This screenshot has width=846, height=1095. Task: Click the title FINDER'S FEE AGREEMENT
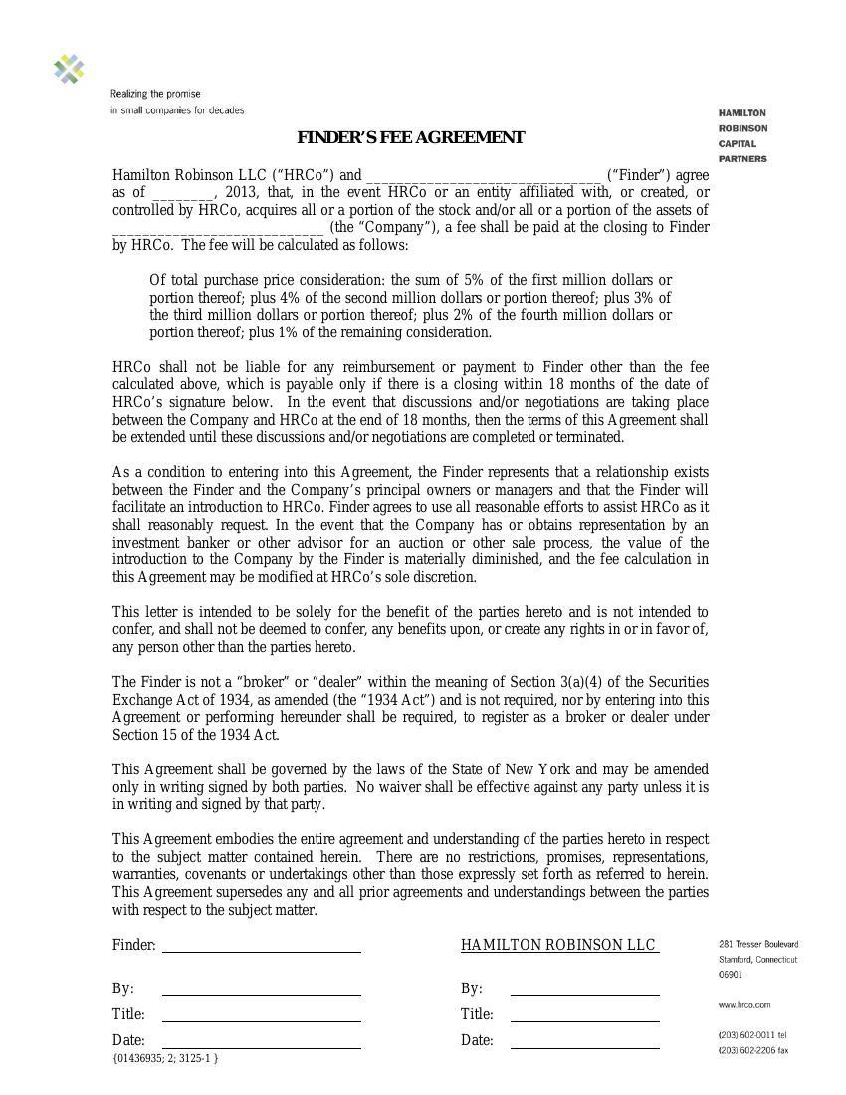(x=410, y=137)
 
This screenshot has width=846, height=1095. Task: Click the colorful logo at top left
(x=69, y=69)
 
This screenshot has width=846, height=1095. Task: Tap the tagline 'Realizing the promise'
(x=155, y=94)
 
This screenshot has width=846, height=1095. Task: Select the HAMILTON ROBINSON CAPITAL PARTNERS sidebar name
(x=742, y=136)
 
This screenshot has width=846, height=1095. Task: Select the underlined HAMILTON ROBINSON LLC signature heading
(x=558, y=945)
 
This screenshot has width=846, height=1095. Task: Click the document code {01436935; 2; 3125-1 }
(x=165, y=1058)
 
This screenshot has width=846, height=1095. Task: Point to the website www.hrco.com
(x=744, y=1005)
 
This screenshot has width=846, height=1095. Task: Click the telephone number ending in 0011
(x=751, y=1035)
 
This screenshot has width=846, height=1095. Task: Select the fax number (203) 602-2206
(x=752, y=1050)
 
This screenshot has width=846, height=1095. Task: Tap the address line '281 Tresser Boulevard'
(x=757, y=944)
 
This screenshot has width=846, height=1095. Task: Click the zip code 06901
(x=731, y=975)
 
